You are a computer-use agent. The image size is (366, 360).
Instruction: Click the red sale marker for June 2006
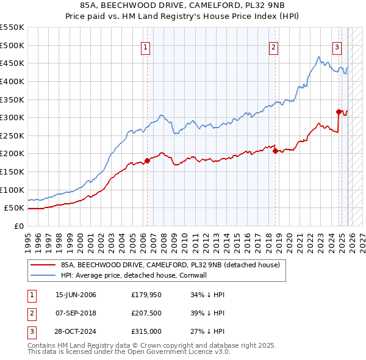click(147, 161)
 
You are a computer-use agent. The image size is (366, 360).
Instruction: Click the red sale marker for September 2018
click(275, 151)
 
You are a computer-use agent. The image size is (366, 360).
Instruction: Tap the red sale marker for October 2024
click(339, 112)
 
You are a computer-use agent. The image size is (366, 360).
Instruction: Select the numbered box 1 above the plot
click(146, 48)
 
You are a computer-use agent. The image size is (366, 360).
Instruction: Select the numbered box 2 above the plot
click(274, 48)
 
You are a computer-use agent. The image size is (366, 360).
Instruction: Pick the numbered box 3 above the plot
click(337, 48)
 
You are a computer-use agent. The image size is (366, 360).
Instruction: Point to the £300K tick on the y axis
click(12, 117)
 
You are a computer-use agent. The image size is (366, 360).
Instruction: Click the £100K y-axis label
click(12, 190)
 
